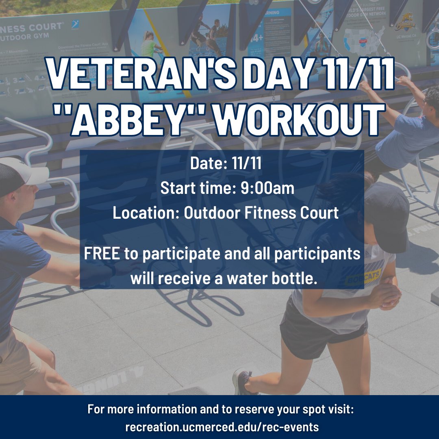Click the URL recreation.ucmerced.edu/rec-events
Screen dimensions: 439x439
pos(222,427)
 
